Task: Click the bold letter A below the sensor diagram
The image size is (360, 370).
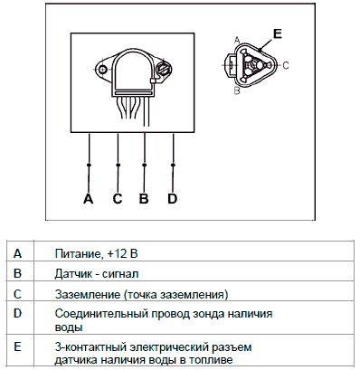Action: [88, 199]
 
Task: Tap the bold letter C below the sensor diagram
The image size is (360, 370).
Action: [118, 199]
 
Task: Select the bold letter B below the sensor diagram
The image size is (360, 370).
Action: [144, 199]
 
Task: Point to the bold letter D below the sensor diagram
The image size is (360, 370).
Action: [172, 199]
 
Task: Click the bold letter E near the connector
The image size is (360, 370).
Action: [277, 33]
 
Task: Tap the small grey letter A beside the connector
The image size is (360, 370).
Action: [237, 40]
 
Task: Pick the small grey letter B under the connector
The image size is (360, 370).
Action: [237, 90]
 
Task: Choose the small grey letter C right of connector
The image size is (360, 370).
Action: [286, 65]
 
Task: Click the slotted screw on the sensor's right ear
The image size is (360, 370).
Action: [164, 70]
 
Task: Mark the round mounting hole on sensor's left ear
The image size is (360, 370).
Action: [102, 70]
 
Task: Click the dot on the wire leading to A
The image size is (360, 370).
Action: [89, 165]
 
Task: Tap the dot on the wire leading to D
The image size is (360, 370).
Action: [173, 165]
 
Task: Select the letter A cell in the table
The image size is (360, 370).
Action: [17, 253]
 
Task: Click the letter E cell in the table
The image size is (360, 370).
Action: [17, 346]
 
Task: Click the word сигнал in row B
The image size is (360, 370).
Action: [120, 274]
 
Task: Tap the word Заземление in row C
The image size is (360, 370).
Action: [88, 294]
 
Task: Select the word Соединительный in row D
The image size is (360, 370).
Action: [101, 314]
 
